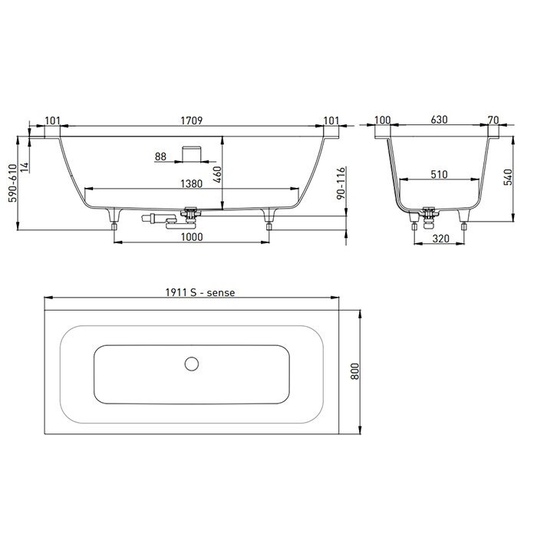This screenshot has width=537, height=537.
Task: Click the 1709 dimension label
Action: pos(192,120)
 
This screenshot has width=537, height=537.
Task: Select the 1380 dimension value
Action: pos(191,183)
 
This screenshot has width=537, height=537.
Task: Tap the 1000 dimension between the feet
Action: pos(192,237)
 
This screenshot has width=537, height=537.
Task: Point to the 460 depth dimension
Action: pos(216,173)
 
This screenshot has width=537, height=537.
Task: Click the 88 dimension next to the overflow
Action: pos(160,156)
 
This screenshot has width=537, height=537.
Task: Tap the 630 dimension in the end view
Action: pos(439,120)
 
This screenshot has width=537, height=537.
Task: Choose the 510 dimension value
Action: pos(438,175)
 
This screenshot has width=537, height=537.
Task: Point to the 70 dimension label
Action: pos(493,120)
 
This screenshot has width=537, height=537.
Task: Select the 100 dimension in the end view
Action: pos(382,120)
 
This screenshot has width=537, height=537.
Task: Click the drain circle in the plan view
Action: pos(191,364)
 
